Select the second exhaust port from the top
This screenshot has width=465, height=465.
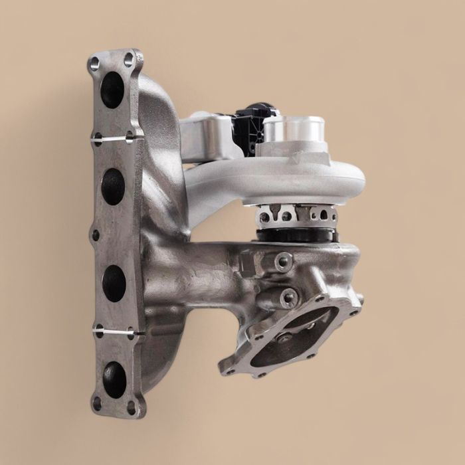[x=114, y=187]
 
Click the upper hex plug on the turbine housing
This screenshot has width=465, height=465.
[x=284, y=260]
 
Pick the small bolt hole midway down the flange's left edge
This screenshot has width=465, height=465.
[x=96, y=235]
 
